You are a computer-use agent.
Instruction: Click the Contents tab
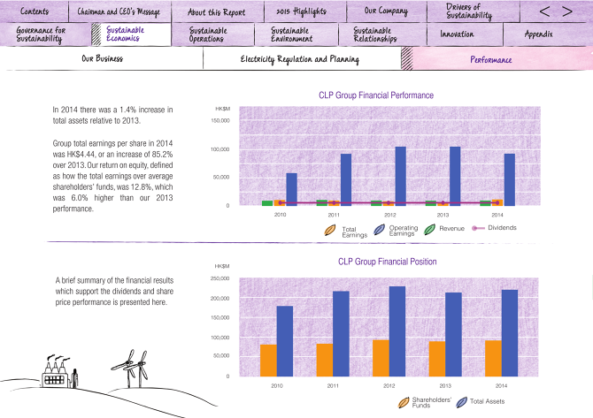(35, 11)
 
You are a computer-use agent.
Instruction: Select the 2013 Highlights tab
(301, 11)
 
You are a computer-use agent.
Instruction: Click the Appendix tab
(538, 34)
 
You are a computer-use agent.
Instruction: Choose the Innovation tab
(457, 34)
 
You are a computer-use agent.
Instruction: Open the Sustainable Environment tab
(296, 34)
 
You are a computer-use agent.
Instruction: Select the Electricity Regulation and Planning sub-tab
(300, 59)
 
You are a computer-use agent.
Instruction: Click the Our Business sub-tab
(102, 59)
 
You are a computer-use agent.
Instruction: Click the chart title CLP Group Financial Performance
(375, 95)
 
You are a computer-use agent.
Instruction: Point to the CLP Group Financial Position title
(387, 262)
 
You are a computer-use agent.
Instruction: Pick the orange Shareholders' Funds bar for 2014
(493, 358)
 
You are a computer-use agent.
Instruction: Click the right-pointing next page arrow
(567, 11)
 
